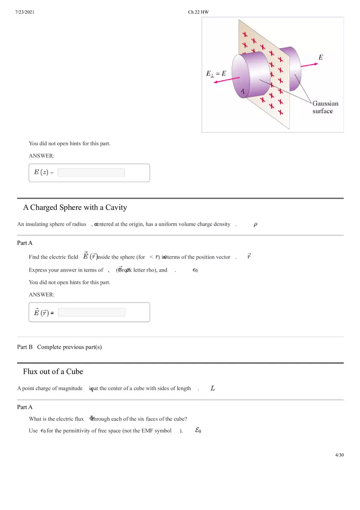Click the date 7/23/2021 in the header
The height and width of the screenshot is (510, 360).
[25, 12]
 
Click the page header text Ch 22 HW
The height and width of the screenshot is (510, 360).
[198, 12]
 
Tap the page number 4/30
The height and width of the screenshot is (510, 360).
[339, 455]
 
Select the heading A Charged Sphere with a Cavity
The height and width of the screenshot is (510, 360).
[75, 207]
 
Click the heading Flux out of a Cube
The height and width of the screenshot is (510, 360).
[53, 371]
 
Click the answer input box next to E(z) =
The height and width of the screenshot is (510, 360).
[91, 173]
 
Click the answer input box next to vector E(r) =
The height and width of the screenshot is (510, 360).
[91, 312]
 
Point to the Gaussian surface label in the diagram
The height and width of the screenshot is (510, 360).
[325, 107]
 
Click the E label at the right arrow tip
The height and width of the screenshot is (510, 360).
[321, 57]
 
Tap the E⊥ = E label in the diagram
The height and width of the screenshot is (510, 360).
[216, 74]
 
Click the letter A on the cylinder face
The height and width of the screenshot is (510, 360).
[243, 91]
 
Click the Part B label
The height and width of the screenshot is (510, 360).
[25, 347]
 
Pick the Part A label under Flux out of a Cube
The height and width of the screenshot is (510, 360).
[25, 407]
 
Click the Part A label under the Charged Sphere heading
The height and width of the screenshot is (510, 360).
[25, 243]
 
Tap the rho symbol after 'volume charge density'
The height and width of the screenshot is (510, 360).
[255, 224]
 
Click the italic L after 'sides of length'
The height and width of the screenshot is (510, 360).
[213, 388]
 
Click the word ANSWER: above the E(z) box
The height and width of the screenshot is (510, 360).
[41, 156]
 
